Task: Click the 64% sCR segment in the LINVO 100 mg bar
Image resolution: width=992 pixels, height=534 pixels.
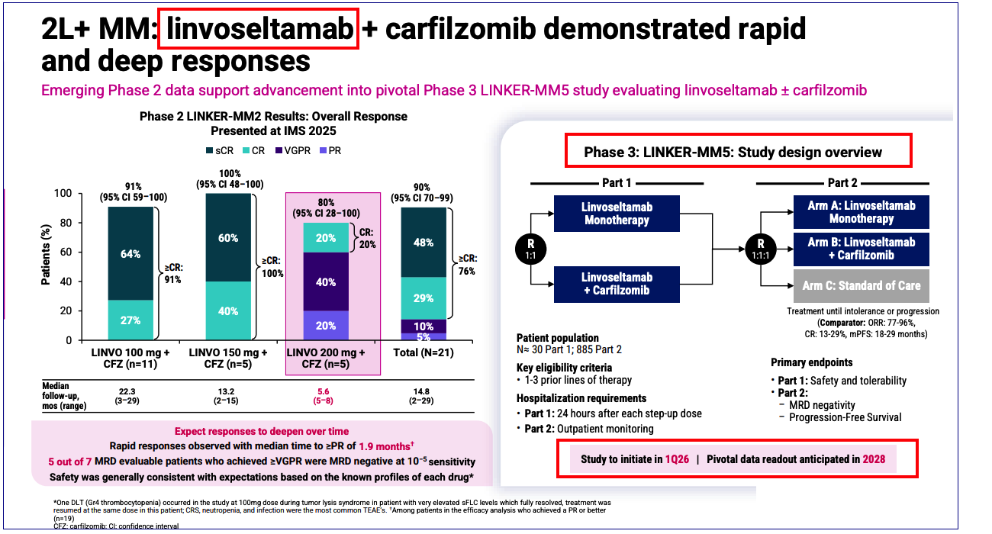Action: click(130, 253)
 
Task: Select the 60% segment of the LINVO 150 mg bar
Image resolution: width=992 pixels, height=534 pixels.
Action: click(228, 237)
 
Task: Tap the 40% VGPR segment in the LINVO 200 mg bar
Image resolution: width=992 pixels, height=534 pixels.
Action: click(326, 281)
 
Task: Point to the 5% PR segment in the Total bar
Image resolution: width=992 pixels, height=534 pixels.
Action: click(424, 336)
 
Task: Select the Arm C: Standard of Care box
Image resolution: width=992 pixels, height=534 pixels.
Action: click(862, 285)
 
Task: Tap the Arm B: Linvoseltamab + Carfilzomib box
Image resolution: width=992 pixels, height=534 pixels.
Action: click(862, 249)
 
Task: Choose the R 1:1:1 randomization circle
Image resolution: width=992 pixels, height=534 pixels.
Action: click(766, 249)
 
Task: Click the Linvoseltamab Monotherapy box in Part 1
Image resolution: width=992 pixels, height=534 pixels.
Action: click(617, 214)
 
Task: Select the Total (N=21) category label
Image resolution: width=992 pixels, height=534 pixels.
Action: click(423, 352)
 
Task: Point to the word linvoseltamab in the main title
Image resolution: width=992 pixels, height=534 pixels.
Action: click(259, 28)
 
